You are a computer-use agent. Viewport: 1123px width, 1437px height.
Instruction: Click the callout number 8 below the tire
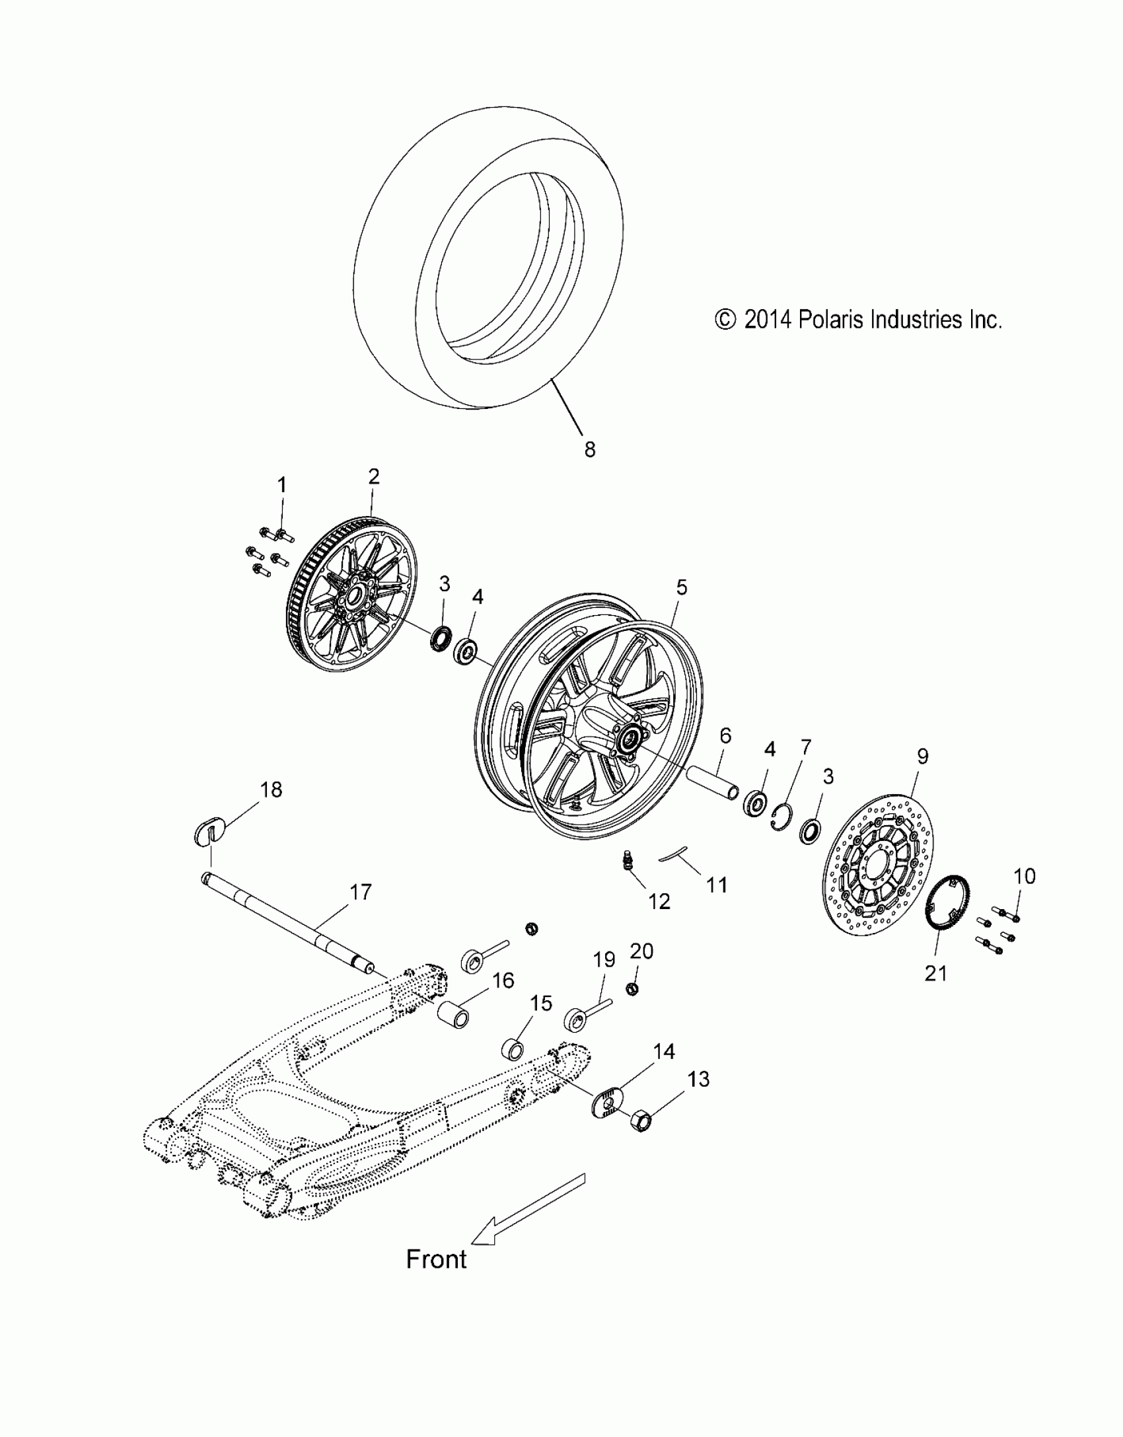pos(589,449)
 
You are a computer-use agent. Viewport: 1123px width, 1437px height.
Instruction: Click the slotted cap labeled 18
pos(211,829)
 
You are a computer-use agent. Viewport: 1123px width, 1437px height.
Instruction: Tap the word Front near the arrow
pos(436,1259)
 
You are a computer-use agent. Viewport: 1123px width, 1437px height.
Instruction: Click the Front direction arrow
pos(528,1206)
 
